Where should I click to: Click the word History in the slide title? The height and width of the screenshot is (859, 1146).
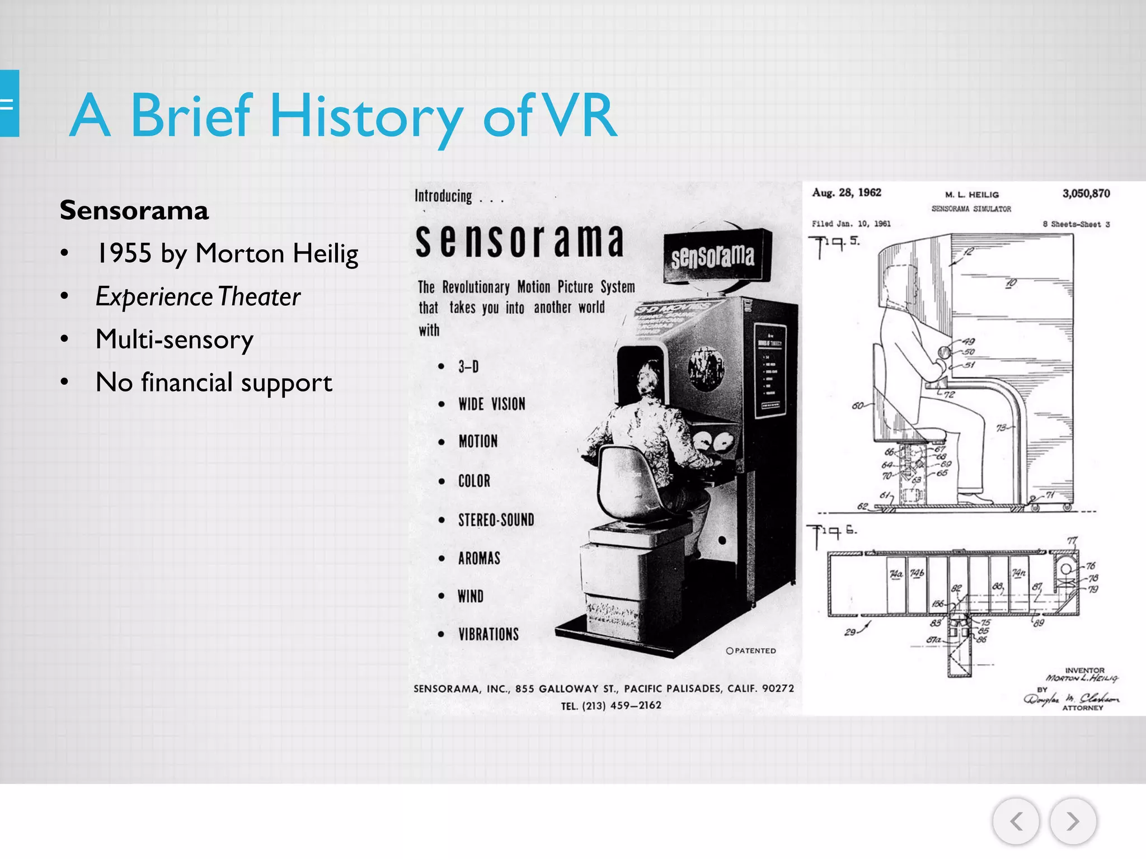367,116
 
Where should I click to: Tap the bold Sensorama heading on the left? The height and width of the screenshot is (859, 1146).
134,211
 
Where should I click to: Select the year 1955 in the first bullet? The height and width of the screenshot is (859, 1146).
124,253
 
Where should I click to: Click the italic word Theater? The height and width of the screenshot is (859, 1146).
259,296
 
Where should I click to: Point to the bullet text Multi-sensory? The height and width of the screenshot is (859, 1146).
175,339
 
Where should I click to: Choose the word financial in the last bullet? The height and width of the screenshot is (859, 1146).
187,383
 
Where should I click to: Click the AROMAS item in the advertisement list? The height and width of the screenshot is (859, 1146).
479,558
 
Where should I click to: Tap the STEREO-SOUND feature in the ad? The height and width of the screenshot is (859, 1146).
496,520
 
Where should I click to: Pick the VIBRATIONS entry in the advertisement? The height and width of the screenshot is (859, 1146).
489,634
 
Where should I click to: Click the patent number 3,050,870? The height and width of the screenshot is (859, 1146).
1086,193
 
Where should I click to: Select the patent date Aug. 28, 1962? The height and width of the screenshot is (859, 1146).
847,193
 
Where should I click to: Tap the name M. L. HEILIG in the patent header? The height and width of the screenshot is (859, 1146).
972,195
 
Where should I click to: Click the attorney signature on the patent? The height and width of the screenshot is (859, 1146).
1072,698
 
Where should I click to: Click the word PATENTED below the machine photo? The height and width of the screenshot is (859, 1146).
755,651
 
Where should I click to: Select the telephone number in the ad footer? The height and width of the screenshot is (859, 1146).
611,706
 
